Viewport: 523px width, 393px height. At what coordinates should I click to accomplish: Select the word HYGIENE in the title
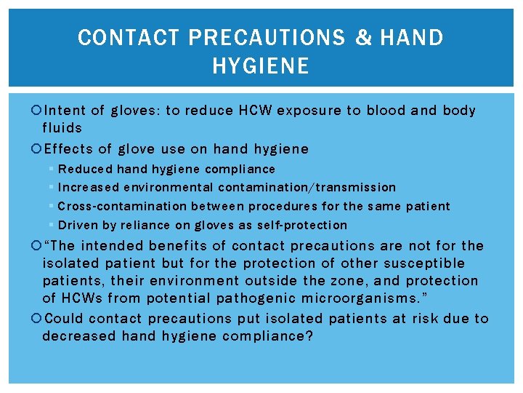point(261,67)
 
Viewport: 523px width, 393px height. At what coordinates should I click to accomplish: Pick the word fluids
point(62,128)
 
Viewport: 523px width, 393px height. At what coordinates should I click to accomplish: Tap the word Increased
point(88,188)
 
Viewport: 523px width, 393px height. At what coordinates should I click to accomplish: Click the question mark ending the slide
point(308,336)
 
